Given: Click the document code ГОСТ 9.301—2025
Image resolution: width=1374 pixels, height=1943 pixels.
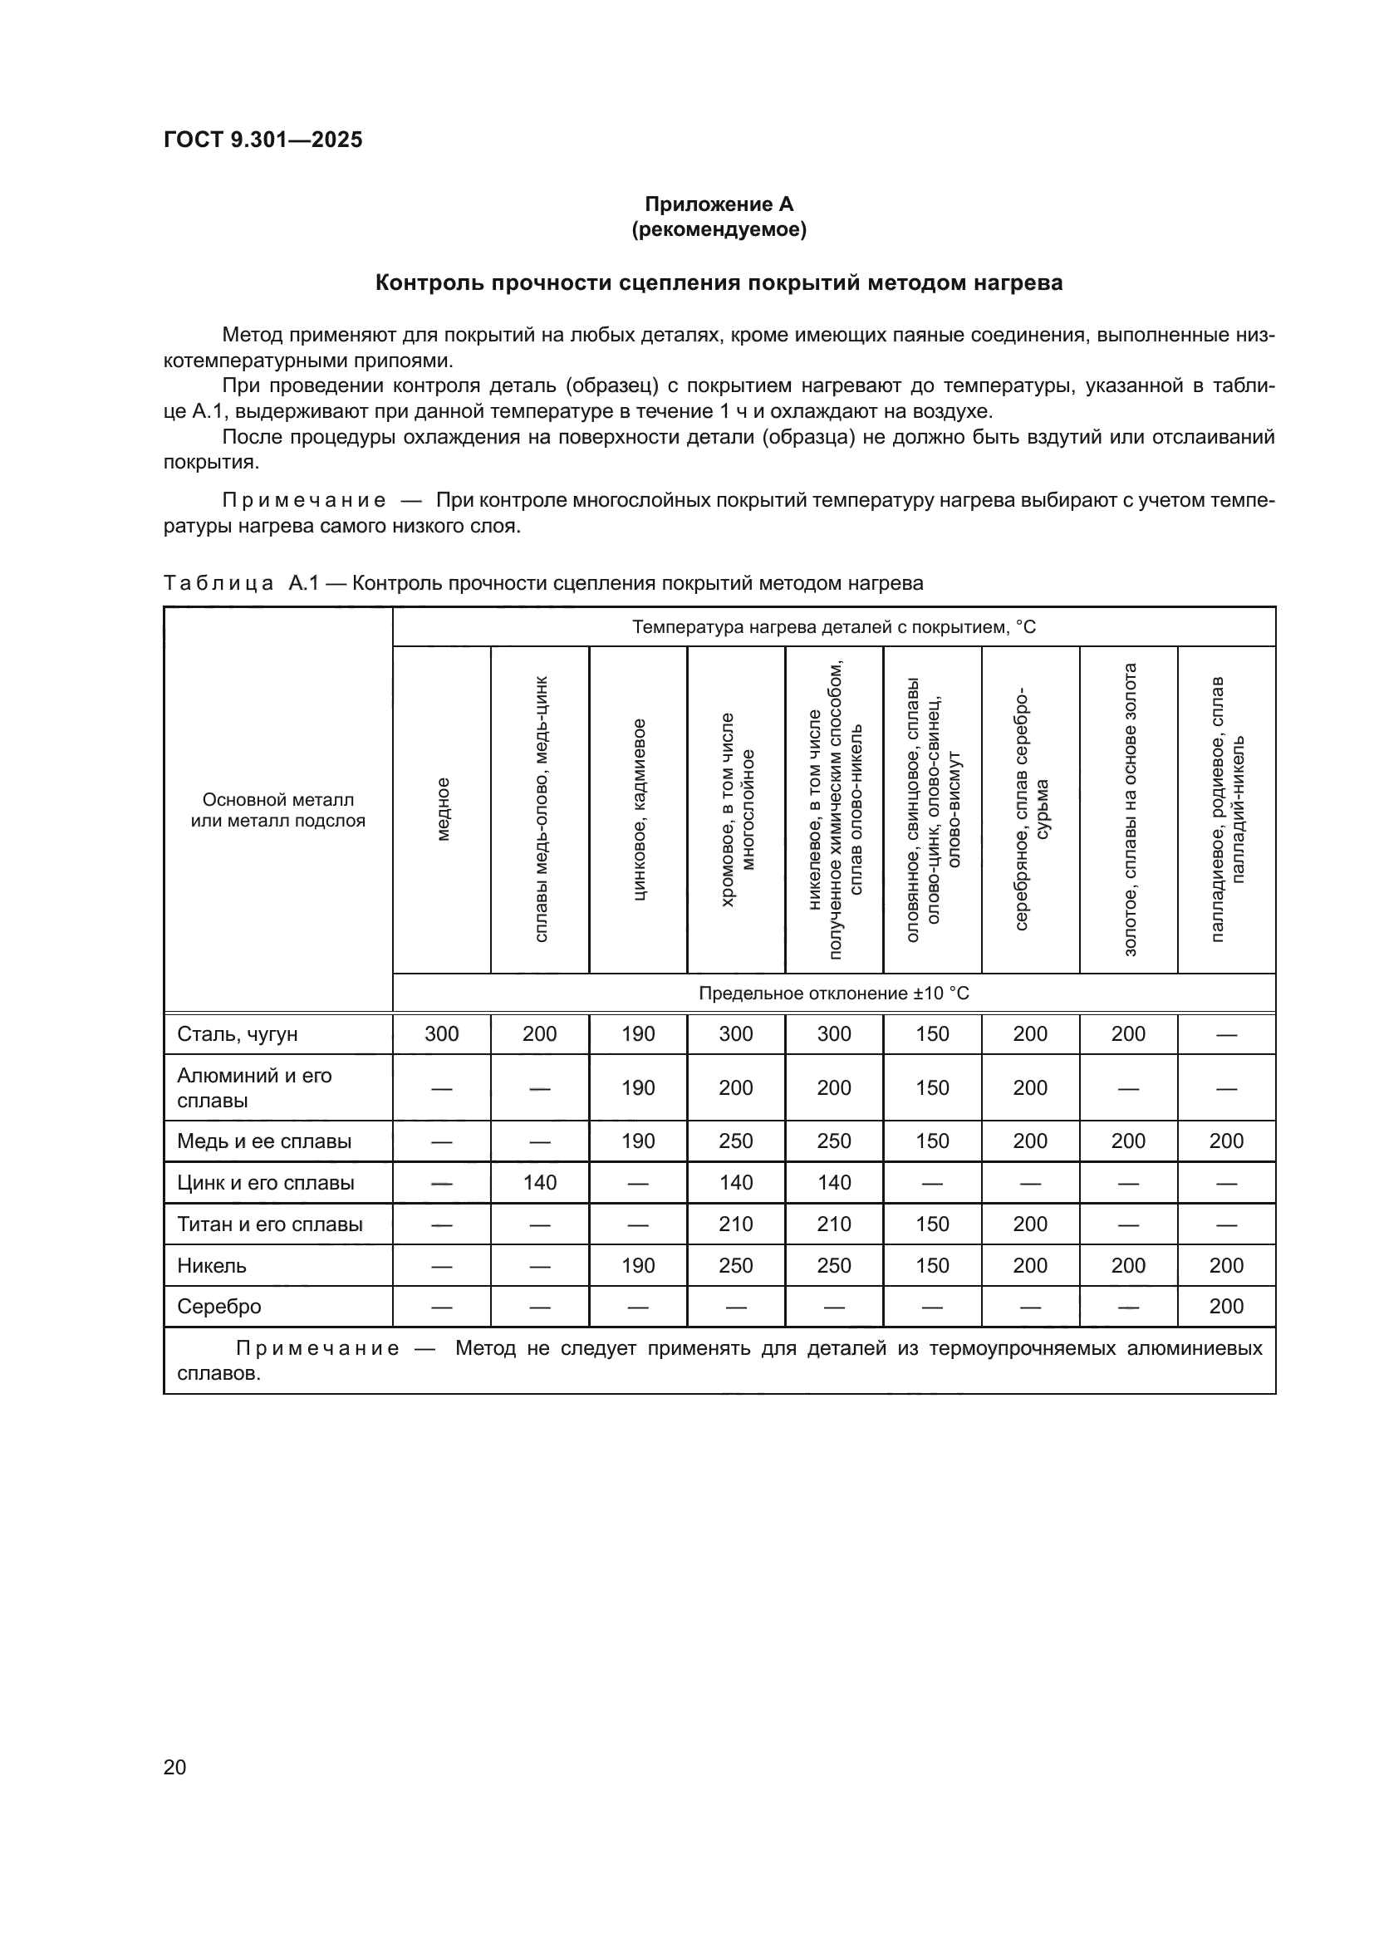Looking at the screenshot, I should tap(263, 140).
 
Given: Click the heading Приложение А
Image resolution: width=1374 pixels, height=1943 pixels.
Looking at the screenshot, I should tap(719, 204).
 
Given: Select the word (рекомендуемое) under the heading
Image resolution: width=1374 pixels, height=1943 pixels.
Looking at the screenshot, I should tap(719, 229).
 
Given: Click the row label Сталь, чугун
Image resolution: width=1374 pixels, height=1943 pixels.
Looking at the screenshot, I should tap(237, 1034).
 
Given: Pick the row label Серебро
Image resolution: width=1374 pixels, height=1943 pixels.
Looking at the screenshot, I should tap(219, 1307).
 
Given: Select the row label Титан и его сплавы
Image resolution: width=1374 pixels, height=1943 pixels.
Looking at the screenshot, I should tap(270, 1224).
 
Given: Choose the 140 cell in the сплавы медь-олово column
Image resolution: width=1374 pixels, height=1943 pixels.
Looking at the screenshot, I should tap(540, 1183).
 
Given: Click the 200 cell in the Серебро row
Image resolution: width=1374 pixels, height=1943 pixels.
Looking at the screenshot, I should tap(1226, 1307).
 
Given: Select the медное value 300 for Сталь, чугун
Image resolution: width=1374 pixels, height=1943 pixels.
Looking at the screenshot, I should tap(442, 1034).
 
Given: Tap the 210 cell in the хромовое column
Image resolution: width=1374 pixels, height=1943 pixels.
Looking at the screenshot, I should tap(736, 1224).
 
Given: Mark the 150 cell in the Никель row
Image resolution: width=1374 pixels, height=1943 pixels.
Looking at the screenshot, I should tap(932, 1266).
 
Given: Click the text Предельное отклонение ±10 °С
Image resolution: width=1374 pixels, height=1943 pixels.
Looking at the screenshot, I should tap(833, 994).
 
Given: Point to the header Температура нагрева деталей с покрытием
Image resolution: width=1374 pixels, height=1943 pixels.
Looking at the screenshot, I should tap(833, 627).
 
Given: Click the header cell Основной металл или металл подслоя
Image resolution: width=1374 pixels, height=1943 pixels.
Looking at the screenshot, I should tap(278, 810).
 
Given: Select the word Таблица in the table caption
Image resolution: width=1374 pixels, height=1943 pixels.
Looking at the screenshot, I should tap(218, 583).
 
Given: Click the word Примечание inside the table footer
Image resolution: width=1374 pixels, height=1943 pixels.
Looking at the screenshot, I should tap(317, 1348).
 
